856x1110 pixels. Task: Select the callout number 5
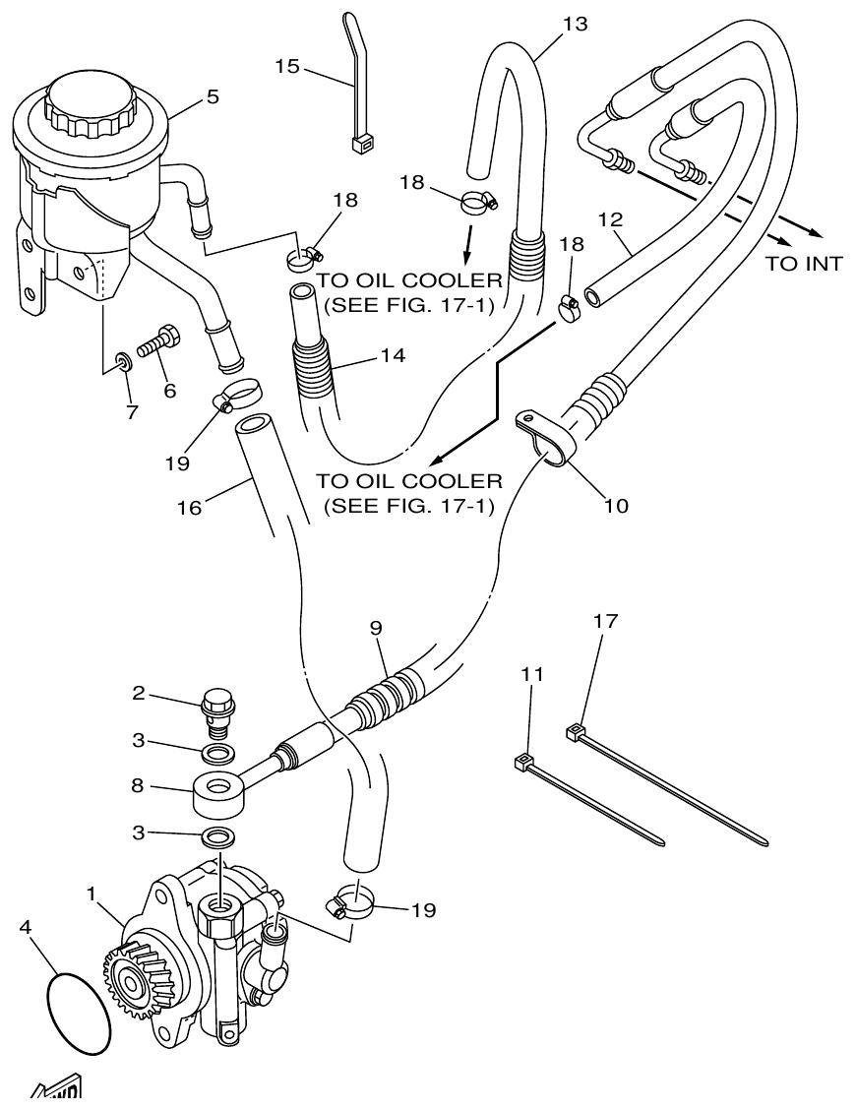tap(213, 96)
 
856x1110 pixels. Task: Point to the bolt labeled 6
tap(158, 343)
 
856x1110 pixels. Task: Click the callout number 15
tap(286, 67)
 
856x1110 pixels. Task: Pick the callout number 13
tap(575, 24)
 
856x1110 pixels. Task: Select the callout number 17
tap(605, 621)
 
